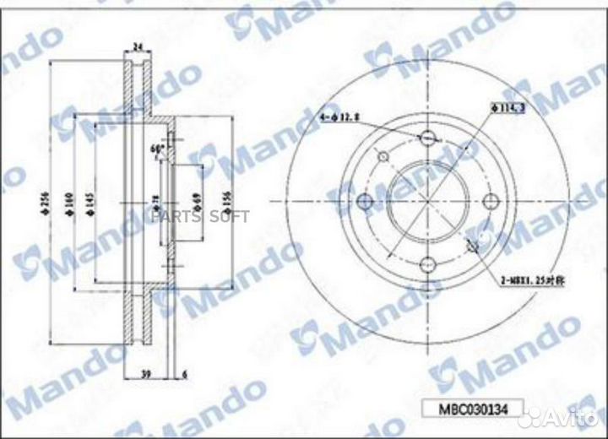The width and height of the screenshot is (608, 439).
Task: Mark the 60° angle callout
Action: pyautogui.click(x=155, y=149)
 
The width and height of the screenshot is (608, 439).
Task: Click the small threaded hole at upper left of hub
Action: pyautogui.click(x=383, y=157)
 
